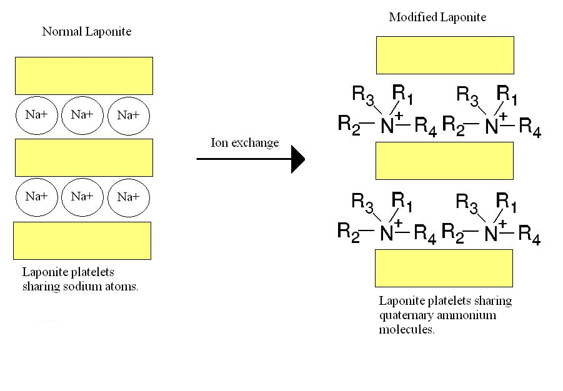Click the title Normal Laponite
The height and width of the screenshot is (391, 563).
[86, 31]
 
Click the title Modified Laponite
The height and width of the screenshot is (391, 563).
[437, 17]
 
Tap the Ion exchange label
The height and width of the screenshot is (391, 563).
[245, 142]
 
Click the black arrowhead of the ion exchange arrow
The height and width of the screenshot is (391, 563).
[298, 159]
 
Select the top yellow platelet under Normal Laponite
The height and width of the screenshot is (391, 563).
[84, 76]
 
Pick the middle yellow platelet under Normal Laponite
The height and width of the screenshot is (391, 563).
[84, 157]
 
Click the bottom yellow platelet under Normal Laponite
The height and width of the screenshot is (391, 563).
[82, 240]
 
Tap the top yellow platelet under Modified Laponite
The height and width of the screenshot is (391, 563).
[445, 55]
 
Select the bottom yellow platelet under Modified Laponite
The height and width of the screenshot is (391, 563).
[444, 268]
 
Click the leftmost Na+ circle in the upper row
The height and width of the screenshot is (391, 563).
[37, 115]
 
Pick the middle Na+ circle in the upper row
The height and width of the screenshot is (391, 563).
[82, 115]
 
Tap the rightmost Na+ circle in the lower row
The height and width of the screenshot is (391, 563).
[129, 197]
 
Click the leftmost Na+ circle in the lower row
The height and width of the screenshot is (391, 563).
[37, 197]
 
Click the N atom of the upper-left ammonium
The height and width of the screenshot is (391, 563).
[387, 127]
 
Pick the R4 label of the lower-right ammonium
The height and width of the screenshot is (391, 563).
[529, 236]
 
